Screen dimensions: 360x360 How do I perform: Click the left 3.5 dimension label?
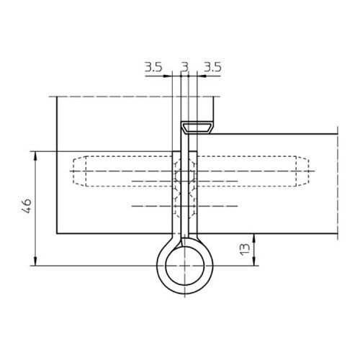click(x=153, y=67)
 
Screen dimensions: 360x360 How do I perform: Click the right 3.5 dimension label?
click(x=213, y=67)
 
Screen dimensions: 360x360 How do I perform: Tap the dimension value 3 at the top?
click(x=185, y=67)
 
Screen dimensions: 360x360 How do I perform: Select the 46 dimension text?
click(x=27, y=206)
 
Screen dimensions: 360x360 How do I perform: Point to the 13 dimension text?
click(x=245, y=250)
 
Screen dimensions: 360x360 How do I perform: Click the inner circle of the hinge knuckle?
click(x=166, y=266)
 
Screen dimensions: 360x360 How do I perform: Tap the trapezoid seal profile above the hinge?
click(x=197, y=127)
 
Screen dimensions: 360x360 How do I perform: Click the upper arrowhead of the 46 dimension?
click(x=35, y=156)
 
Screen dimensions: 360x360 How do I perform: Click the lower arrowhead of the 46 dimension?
click(x=35, y=261)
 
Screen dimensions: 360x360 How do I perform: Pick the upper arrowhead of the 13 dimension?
click(x=254, y=238)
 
